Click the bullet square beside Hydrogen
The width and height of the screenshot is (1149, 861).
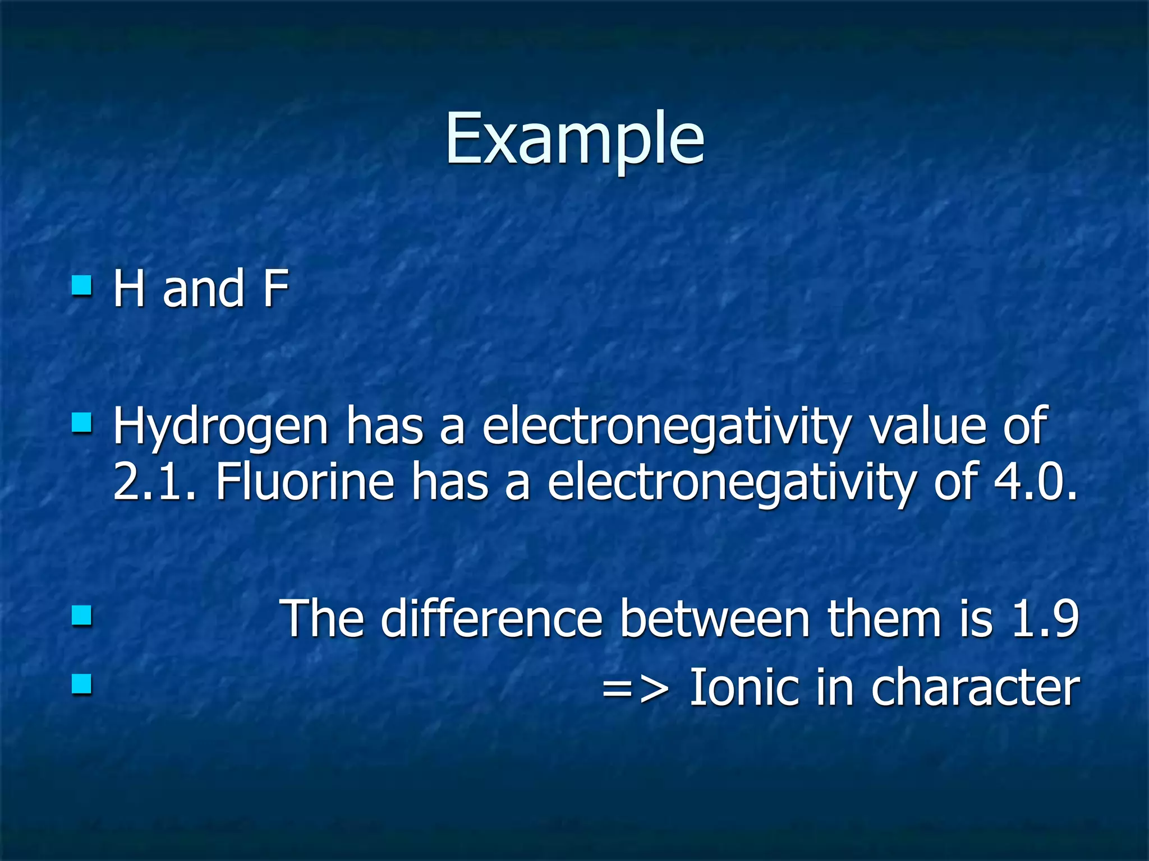(82, 424)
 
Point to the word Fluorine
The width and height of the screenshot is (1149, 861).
(305, 482)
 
